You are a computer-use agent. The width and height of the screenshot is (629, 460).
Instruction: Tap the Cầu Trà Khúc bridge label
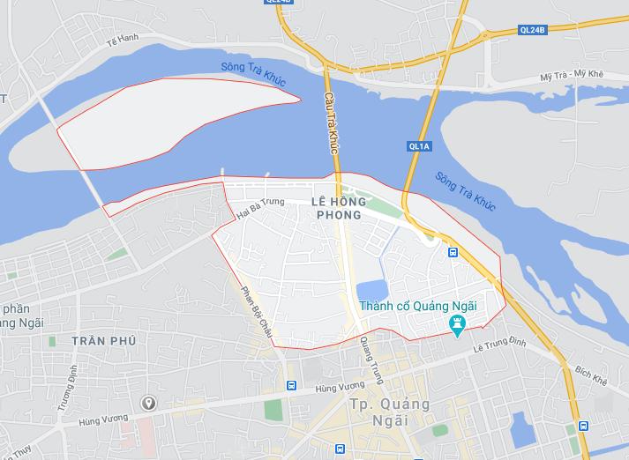pos(332,124)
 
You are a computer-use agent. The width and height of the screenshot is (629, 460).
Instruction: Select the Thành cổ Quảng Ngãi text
pos(418,306)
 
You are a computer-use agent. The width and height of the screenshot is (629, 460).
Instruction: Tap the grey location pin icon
pos(149,404)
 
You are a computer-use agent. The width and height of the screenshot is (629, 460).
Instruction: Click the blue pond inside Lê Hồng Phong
pos(371,292)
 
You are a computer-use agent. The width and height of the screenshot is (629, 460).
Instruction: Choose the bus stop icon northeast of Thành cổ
pos(453,253)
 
